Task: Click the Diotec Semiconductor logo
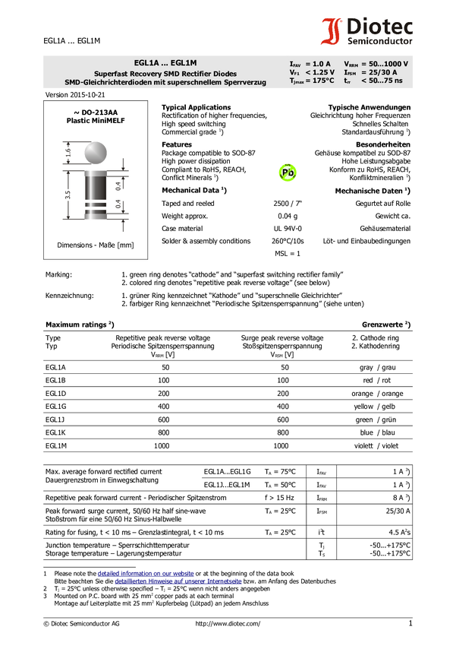tap(366, 31)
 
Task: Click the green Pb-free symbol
tap(288, 173)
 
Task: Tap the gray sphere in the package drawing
tap(96, 153)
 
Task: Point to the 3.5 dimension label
tap(68, 195)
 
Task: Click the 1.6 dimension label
tap(68, 153)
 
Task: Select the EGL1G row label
tap(56, 407)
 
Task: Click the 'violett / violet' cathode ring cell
tap(376, 446)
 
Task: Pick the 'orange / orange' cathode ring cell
tap(377, 394)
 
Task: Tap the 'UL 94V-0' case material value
tap(288, 229)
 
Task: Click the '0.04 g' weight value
tap(288, 216)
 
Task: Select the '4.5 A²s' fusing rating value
tap(399, 532)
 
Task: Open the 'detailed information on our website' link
tap(146, 574)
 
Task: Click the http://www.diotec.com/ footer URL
tap(228, 624)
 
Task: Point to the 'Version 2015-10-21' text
tap(75, 95)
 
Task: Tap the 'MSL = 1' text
tap(288, 254)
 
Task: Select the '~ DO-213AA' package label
tap(96, 112)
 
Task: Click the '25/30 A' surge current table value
tap(398, 511)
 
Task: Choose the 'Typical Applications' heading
tap(197, 107)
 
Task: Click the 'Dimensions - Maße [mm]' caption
tap(96, 245)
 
